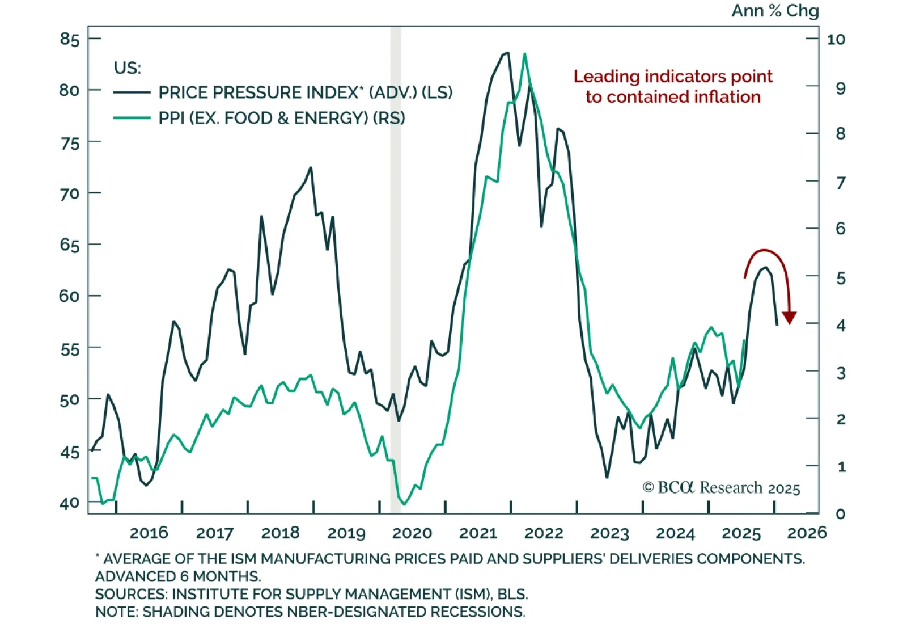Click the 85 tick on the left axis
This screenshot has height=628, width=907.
(70, 39)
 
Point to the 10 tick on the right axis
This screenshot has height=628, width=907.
(836, 39)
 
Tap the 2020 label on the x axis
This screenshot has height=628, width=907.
(412, 533)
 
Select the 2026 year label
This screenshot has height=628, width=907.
(807, 533)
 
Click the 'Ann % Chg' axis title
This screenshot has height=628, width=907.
(775, 11)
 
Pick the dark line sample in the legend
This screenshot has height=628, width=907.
(132, 92)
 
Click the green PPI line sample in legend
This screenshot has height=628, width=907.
(132, 118)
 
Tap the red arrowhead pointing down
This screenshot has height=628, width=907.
(789, 318)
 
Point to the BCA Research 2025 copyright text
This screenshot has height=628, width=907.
(721, 488)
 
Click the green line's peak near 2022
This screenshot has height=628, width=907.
(525, 54)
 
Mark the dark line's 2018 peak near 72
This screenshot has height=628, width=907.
(311, 168)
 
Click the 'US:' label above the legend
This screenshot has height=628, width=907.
(127, 68)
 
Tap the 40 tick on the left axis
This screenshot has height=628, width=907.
(70, 503)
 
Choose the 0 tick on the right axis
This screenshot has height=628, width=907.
(841, 513)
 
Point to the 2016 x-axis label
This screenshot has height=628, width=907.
(149, 533)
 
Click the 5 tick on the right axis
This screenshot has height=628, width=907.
(841, 278)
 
